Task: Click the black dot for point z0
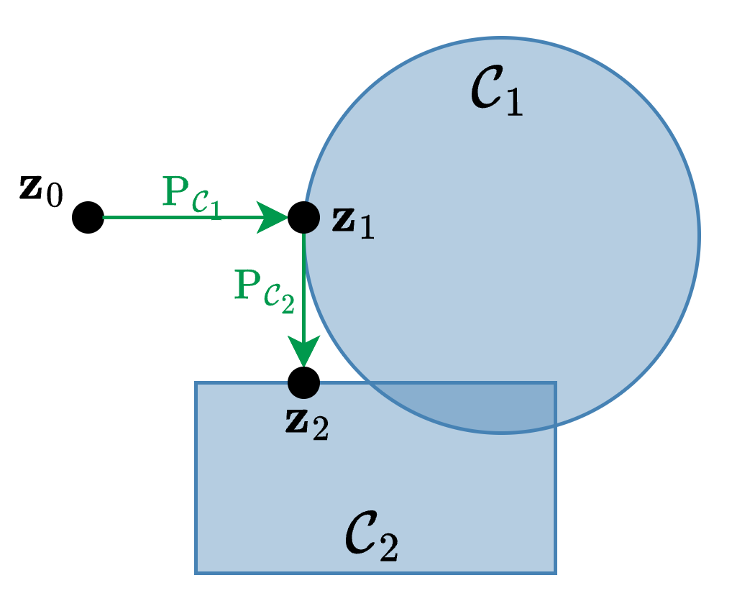[x=88, y=217]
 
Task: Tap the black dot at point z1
[x=303, y=217]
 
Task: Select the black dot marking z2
[x=303, y=382]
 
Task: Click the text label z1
[x=353, y=224]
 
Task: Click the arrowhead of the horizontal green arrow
[x=273, y=217]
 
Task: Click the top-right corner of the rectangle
[x=555, y=383]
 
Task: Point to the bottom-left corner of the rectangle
[x=196, y=572]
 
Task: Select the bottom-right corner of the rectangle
[x=555, y=572]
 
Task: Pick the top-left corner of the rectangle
[x=196, y=383]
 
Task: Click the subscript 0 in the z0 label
[x=55, y=198]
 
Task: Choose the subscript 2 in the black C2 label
[x=388, y=550]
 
